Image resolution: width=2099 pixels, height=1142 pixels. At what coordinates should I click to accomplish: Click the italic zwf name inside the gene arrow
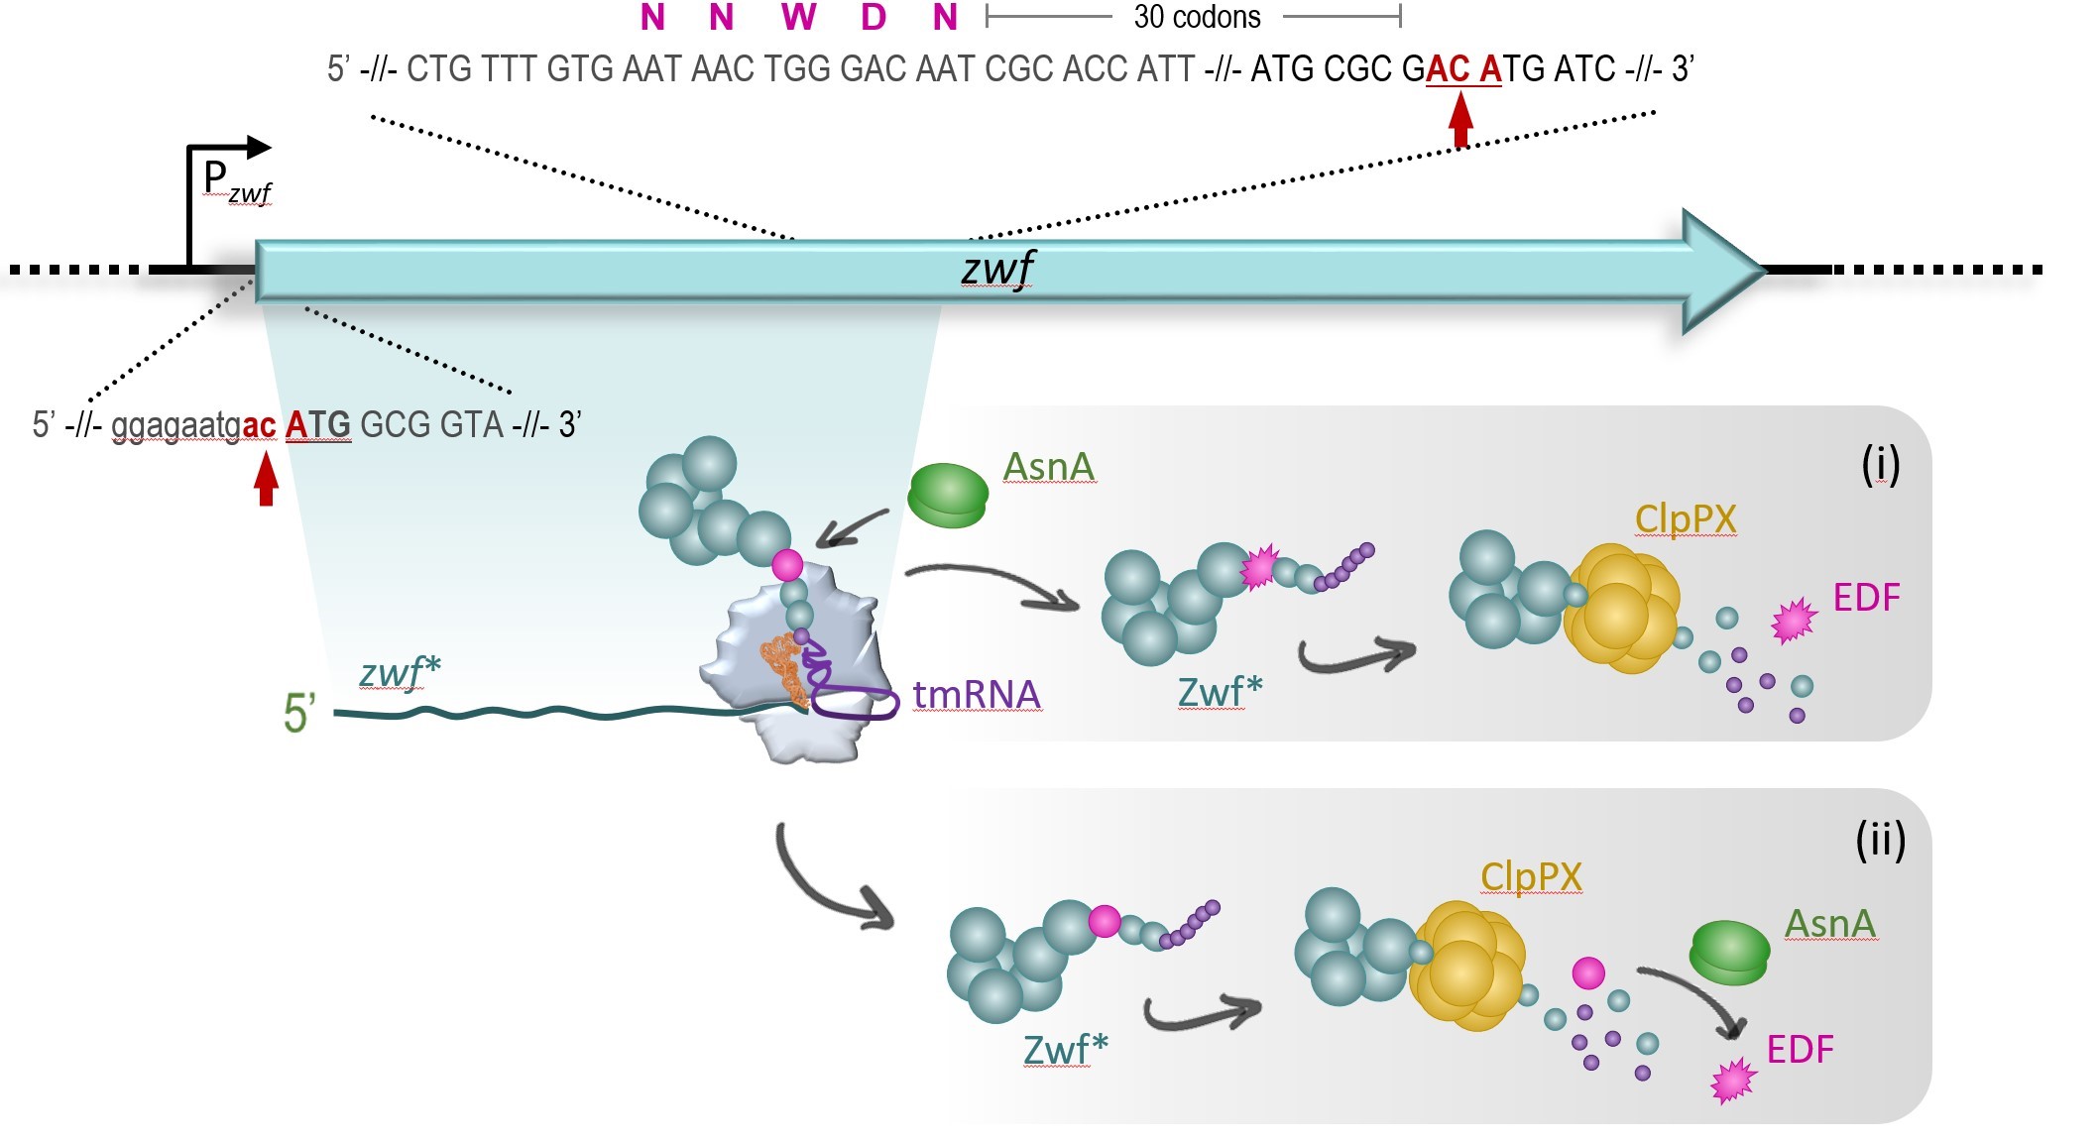click(x=997, y=268)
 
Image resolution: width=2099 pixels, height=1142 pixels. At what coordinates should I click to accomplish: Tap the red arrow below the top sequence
click(x=1460, y=119)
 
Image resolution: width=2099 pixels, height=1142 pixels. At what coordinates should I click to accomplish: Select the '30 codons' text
click(x=1197, y=17)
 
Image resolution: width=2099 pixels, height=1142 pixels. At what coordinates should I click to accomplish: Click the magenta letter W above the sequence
click(x=798, y=17)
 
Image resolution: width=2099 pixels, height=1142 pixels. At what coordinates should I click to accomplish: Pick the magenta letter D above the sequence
click(x=873, y=17)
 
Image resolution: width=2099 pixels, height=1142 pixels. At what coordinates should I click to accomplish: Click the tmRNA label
click(x=977, y=695)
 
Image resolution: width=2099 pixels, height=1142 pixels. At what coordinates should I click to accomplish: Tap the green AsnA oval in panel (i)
click(x=948, y=496)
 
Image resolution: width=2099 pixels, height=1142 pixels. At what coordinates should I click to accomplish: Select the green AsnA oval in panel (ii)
click(x=1729, y=952)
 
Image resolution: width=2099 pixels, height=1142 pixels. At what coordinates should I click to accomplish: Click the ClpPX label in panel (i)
click(x=1686, y=518)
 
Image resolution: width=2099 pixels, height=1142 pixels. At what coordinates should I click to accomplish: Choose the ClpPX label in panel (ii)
click(x=1531, y=876)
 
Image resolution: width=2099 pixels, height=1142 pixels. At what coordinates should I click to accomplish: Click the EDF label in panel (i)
click(x=1867, y=598)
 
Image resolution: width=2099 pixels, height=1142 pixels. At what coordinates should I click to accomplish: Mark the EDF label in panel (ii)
click(x=1801, y=1049)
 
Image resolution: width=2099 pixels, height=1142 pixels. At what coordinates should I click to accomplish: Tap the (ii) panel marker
click(x=1880, y=841)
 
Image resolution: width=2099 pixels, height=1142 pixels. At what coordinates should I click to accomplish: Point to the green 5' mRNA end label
click(x=299, y=713)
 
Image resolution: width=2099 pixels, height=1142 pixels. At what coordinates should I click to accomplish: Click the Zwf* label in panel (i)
click(x=1220, y=691)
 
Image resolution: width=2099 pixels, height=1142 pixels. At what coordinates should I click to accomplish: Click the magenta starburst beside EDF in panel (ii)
click(x=1733, y=1081)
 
